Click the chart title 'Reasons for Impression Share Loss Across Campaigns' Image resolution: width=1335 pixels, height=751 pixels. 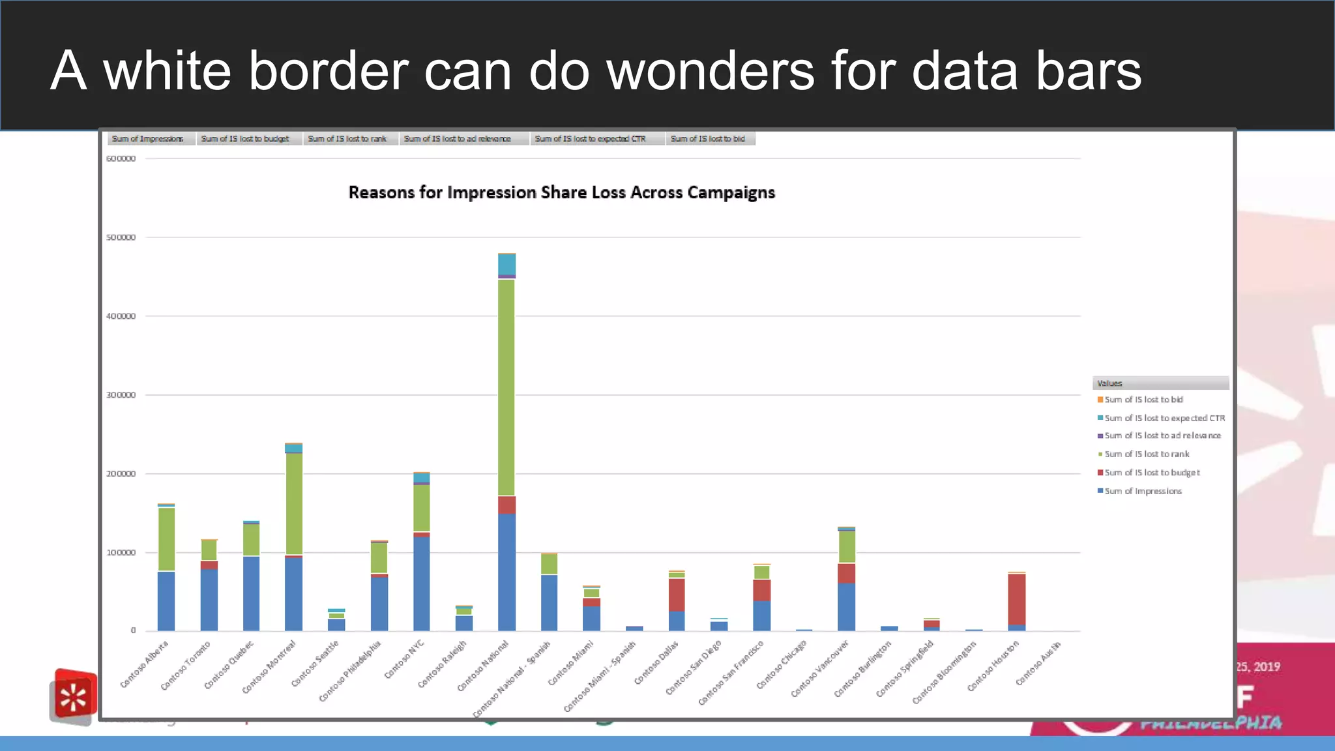[561, 192]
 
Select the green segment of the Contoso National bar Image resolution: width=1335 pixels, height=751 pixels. [506, 387]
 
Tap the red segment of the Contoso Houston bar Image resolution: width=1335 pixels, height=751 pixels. [1016, 599]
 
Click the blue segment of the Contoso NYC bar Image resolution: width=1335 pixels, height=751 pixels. [421, 583]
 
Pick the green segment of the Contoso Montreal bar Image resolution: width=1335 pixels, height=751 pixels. [294, 503]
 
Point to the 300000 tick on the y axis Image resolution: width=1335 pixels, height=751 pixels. [121, 395]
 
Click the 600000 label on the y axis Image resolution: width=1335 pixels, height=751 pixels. [121, 158]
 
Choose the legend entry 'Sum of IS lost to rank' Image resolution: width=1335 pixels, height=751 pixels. [1147, 454]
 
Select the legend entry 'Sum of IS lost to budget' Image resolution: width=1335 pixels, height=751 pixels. [1152, 473]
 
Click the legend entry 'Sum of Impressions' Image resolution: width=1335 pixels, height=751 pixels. [1143, 491]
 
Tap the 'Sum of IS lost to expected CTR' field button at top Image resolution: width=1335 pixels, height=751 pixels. [590, 139]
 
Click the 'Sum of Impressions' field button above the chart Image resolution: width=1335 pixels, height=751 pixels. [147, 139]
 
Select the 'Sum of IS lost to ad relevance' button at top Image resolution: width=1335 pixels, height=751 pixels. [457, 139]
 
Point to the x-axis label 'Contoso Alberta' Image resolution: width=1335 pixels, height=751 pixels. [145, 664]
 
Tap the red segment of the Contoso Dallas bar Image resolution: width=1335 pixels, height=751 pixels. [677, 595]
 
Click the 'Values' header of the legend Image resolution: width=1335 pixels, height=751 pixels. [1109, 383]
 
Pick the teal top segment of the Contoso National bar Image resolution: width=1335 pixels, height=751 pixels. [506, 264]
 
